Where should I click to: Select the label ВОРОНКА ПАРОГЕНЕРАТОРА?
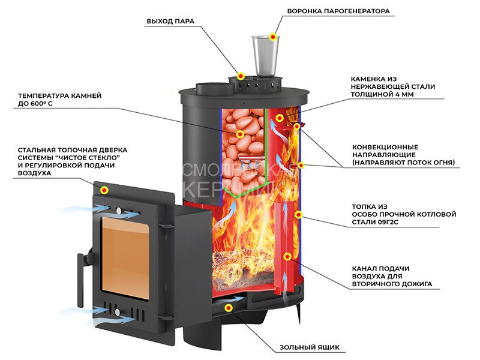(x=338, y=11)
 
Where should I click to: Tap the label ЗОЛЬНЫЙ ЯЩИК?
(x=310, y=347)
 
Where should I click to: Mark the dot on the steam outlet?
(x=241, y=76)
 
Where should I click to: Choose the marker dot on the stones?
(x=240, y=134)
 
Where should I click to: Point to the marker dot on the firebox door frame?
(x=104, y=190)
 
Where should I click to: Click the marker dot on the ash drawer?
(x=228, y=308)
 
